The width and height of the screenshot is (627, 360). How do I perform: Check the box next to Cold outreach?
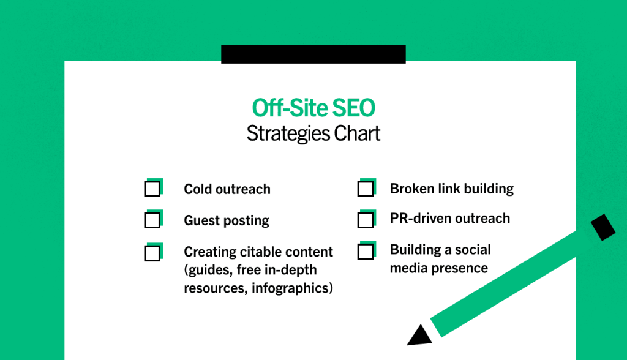pyautogui.click(x=152, y=189)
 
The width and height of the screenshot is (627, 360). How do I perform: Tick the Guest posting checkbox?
pyautogui.click(x=152, y=220)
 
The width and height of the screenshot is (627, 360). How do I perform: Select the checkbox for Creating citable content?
pyautogui.click(x=152, y=253)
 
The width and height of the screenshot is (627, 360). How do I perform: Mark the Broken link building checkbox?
pyautogui.click(x=366, y=189)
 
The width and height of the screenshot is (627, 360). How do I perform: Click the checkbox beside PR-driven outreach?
pyautogui.click(x=366, y=220)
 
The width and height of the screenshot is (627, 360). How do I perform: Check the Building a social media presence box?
pyautogui.click(x=366, y=252)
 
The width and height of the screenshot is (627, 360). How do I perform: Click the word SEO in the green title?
pyautogui.click(x=353, y=108)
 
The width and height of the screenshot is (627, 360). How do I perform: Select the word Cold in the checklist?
pyautogui.click(x=198, y=189)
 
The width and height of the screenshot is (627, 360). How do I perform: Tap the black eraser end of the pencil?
pyautogui.click(x=603, y=227)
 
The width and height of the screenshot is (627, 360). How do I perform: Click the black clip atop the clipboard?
pyautogui.click(x=313, y=54)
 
